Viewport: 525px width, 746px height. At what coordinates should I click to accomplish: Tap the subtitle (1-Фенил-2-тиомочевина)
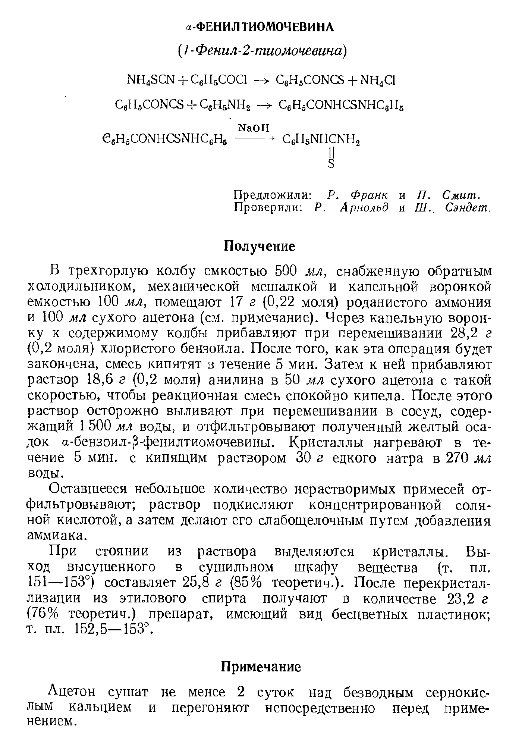tap(262, 51)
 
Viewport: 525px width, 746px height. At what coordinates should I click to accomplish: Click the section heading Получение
tap(259, 246)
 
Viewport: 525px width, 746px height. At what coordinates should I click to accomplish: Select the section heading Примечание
tap(261, 667)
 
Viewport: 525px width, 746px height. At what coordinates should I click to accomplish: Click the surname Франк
tap(369, 195)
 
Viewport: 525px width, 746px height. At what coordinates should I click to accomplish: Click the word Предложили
tap(273, 195)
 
